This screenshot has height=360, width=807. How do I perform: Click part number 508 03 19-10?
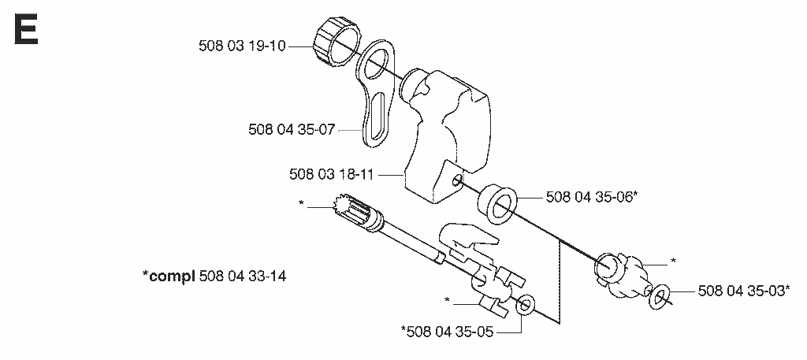[x=242, y=46]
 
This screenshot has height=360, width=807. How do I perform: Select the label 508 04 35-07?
[x=292, y=130]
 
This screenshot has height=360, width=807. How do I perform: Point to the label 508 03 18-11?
[x=331, y=176]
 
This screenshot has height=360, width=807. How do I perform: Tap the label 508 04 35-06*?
[x=592, y=196]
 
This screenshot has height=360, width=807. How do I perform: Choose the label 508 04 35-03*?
[x=744, y=291]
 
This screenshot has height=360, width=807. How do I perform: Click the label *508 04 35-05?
[x=447, y=332]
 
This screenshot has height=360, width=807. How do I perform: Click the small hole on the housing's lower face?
[x=456, y=180]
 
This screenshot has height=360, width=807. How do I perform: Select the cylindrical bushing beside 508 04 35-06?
[x=496, y=204]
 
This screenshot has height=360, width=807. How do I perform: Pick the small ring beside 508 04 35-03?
[x=660, y=296]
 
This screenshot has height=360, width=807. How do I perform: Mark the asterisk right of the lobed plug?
[x=673, y=262]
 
